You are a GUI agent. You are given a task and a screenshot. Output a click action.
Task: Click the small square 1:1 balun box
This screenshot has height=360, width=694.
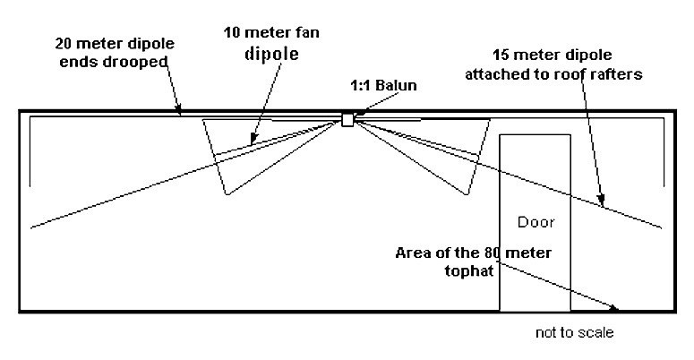(x=347, y=120)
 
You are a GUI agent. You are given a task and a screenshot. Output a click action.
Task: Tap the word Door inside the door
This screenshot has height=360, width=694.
(x=535, y=221)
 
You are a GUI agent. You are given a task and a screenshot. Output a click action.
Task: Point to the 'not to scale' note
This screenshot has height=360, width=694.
(x=573, y=333)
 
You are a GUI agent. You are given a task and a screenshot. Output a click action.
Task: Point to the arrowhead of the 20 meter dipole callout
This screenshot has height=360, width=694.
(x=182, y=113)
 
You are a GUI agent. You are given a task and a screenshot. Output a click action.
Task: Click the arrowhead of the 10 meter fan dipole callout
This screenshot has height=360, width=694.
(x=250, y=142)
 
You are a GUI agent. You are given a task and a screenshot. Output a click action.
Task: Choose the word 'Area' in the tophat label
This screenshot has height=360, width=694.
(x=413, y=253)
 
